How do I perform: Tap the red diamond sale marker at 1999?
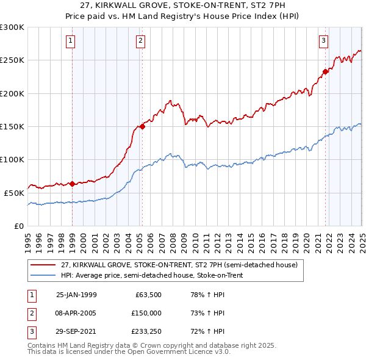click(x=73, y=184)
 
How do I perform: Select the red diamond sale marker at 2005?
click(x=142, y=126)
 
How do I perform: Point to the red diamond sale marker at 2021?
click(x=325, y=71)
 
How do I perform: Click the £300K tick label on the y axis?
click(x=12, y=27)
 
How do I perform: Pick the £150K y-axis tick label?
click(x=12, y=126)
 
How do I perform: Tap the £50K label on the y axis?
click(x=15, y=192)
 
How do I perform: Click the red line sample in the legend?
click(x=43, y=265)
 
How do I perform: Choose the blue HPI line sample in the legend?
click(x=43, y=275)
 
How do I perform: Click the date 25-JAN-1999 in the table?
click(x=76, y=295)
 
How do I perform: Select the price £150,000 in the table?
click(x=146, y=313)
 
